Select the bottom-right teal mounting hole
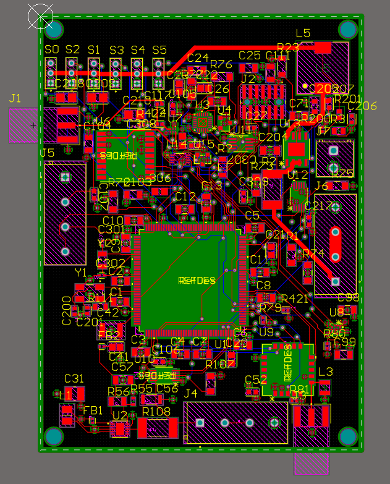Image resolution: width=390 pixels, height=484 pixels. (348, 437)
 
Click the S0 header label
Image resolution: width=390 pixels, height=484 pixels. (52, 49)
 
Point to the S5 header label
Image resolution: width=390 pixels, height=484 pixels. (159, 49)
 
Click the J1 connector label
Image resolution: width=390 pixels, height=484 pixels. (15, 98)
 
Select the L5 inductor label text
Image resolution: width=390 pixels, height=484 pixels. (303, 33)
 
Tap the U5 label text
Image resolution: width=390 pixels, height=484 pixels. (47, 153)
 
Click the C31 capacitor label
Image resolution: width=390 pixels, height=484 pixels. (74, 378)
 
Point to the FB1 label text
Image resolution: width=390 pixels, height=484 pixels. (93, 410)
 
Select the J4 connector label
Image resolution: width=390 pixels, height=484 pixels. (191, 394)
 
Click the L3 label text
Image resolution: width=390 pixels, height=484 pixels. (325, 371)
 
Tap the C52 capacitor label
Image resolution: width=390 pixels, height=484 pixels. (255, 380)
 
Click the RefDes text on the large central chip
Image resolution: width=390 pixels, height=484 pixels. (197, 281)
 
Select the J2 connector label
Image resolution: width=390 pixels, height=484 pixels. (248, 79)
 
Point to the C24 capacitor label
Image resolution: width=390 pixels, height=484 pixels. (198, 57)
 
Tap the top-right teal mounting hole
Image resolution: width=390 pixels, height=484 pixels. (348, 30)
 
